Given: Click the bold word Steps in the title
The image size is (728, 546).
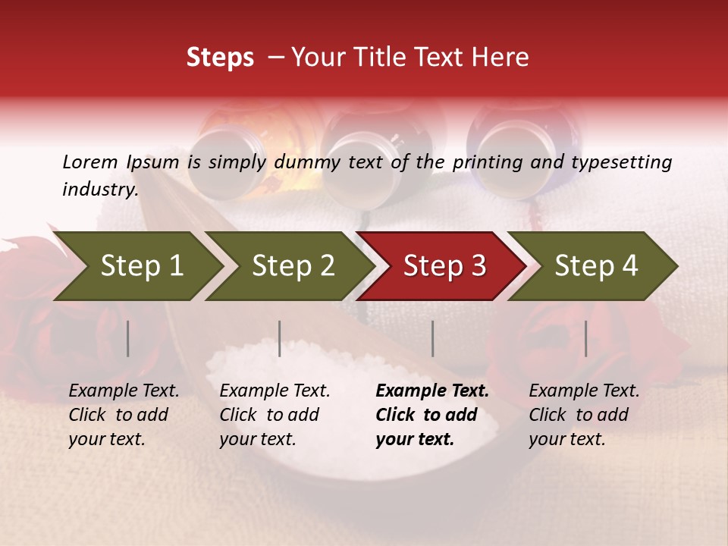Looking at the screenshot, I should pos(220,58).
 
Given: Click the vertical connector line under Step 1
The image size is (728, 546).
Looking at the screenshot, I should pos(128,338).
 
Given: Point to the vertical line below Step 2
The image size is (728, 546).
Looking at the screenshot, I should pos(280,338).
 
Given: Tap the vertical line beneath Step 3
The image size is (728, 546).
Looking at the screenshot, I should pos(433,338).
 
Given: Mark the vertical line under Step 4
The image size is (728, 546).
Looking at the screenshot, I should pos(586,338).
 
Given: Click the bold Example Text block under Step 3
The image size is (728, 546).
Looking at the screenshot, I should pos(432,415).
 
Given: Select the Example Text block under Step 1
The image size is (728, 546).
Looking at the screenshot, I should pos(124,415).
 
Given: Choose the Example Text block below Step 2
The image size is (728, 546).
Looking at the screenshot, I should pos(275,415).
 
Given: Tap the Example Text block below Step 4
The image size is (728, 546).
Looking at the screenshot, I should pos(584,415).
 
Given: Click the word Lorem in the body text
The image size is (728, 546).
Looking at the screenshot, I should pos(89,162).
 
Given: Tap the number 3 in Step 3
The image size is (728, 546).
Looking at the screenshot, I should pos(478,266).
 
